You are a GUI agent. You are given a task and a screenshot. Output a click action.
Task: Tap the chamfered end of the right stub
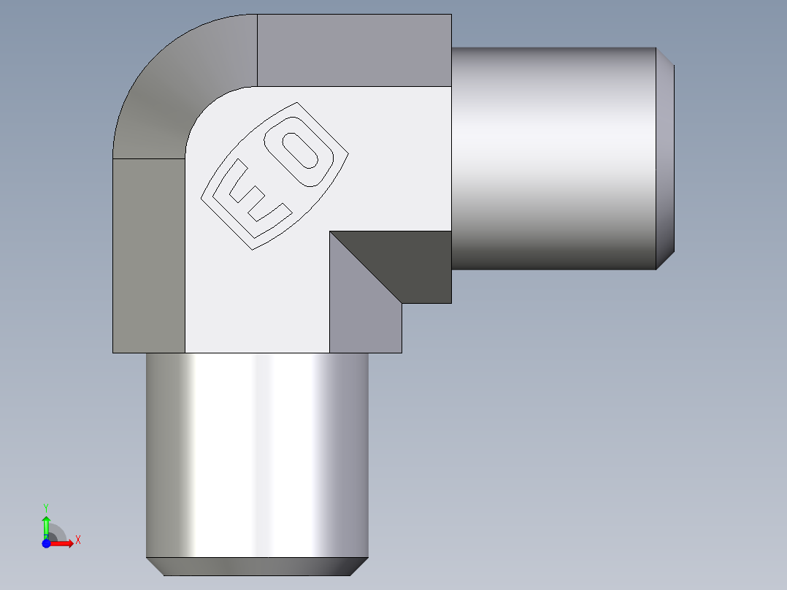point(665,158)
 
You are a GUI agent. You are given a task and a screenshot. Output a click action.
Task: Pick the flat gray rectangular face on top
point(354,50)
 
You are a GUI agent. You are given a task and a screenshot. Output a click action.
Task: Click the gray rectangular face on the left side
point(148,256)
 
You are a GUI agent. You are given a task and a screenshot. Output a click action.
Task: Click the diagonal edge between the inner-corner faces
point(365,267)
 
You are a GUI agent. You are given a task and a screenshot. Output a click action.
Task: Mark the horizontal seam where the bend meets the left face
point(148,158)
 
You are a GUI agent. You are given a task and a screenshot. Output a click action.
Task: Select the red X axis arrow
point(63,543)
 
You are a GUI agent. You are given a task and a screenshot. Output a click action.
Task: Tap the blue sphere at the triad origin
point(45,543)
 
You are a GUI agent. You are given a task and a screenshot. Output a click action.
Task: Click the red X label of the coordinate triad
point(77,540)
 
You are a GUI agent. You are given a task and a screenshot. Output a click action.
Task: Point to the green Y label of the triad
point(45,507)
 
